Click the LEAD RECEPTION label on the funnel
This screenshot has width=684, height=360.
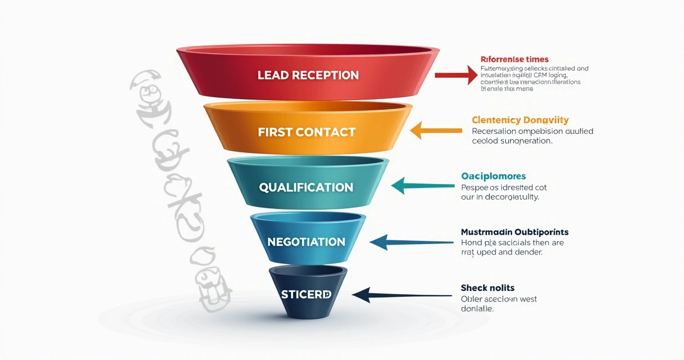[308, 75]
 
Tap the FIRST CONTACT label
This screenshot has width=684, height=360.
[307, 132]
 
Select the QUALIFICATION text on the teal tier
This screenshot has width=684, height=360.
[306, 187]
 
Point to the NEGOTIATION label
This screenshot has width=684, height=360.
[306, 242]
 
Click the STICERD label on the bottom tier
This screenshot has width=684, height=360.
[306, 294]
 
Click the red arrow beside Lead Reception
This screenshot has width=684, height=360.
[456, 74]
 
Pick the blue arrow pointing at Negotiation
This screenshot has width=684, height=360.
[411, 242]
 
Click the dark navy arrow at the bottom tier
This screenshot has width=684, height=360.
[402, 294]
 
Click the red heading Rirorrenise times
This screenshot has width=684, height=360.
[514, 59]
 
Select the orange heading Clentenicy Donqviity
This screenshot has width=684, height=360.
[520, 120]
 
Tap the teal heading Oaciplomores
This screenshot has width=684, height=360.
[493, 176]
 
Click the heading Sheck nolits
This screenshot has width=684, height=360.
[487, 288]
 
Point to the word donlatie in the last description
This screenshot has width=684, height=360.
[476, 309]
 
